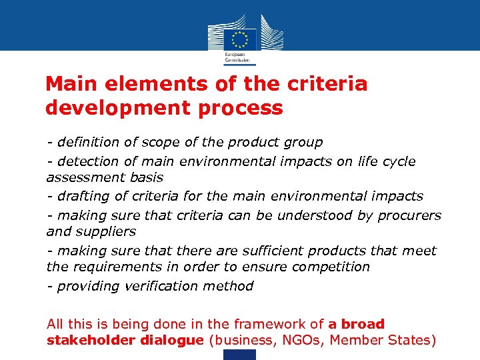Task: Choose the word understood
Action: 311,215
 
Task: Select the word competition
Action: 332,267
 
